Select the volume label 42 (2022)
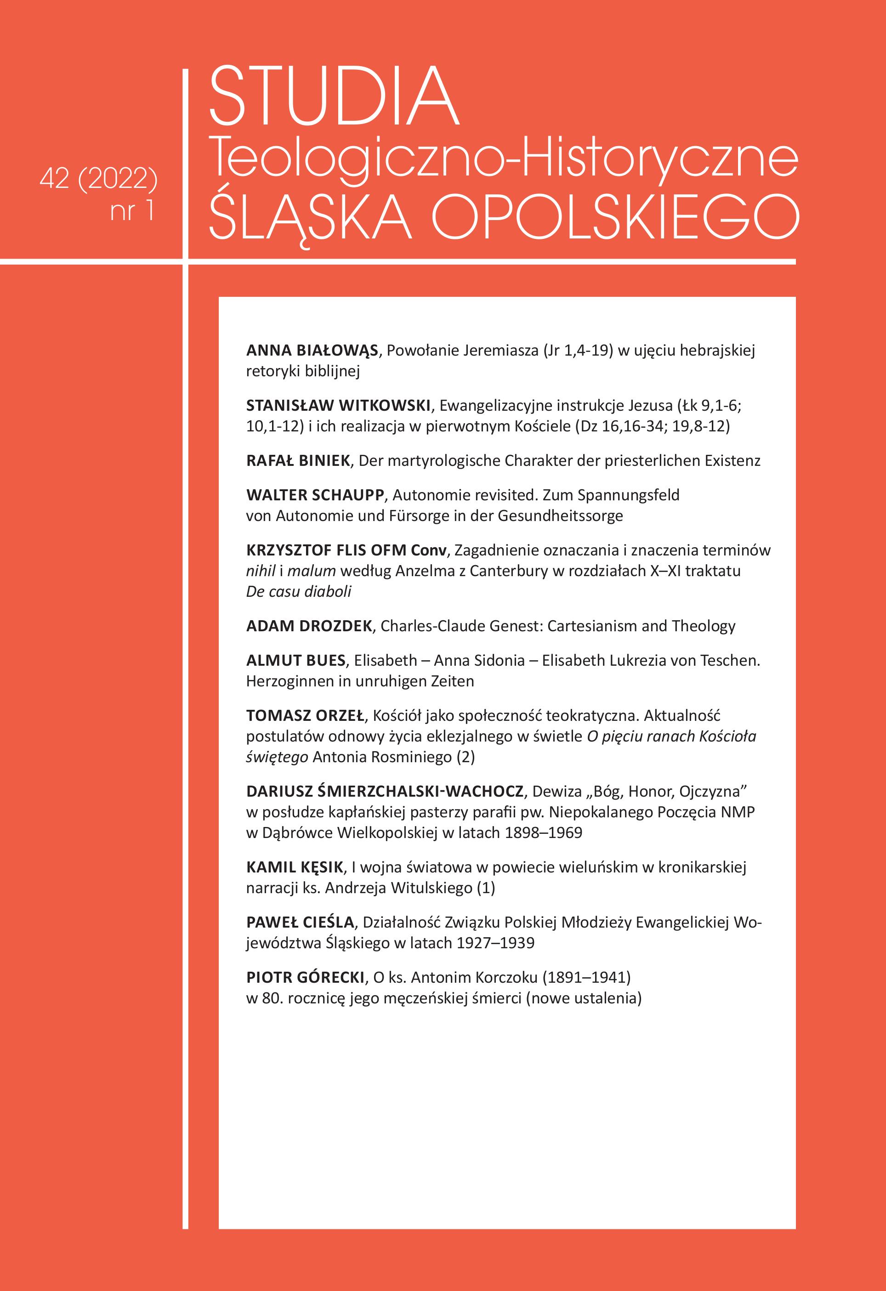click(x=99, y=180)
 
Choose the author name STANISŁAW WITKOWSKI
click(x=338, y=406)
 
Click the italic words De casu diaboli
click(x=298, y=592)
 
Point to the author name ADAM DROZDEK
click(x=309, y=626)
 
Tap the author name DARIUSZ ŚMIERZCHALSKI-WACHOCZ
click(x=384, y=791)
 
